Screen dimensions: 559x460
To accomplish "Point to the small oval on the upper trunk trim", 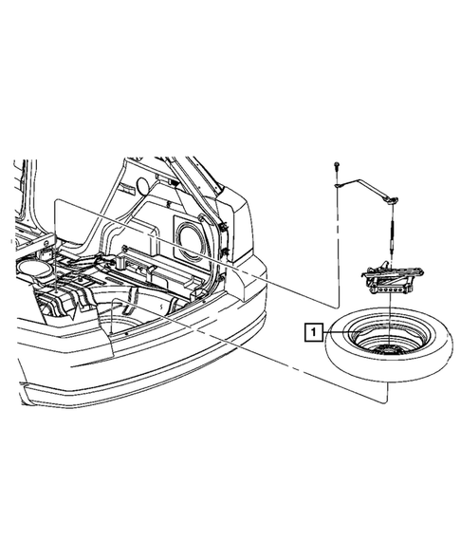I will coord(143,183).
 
